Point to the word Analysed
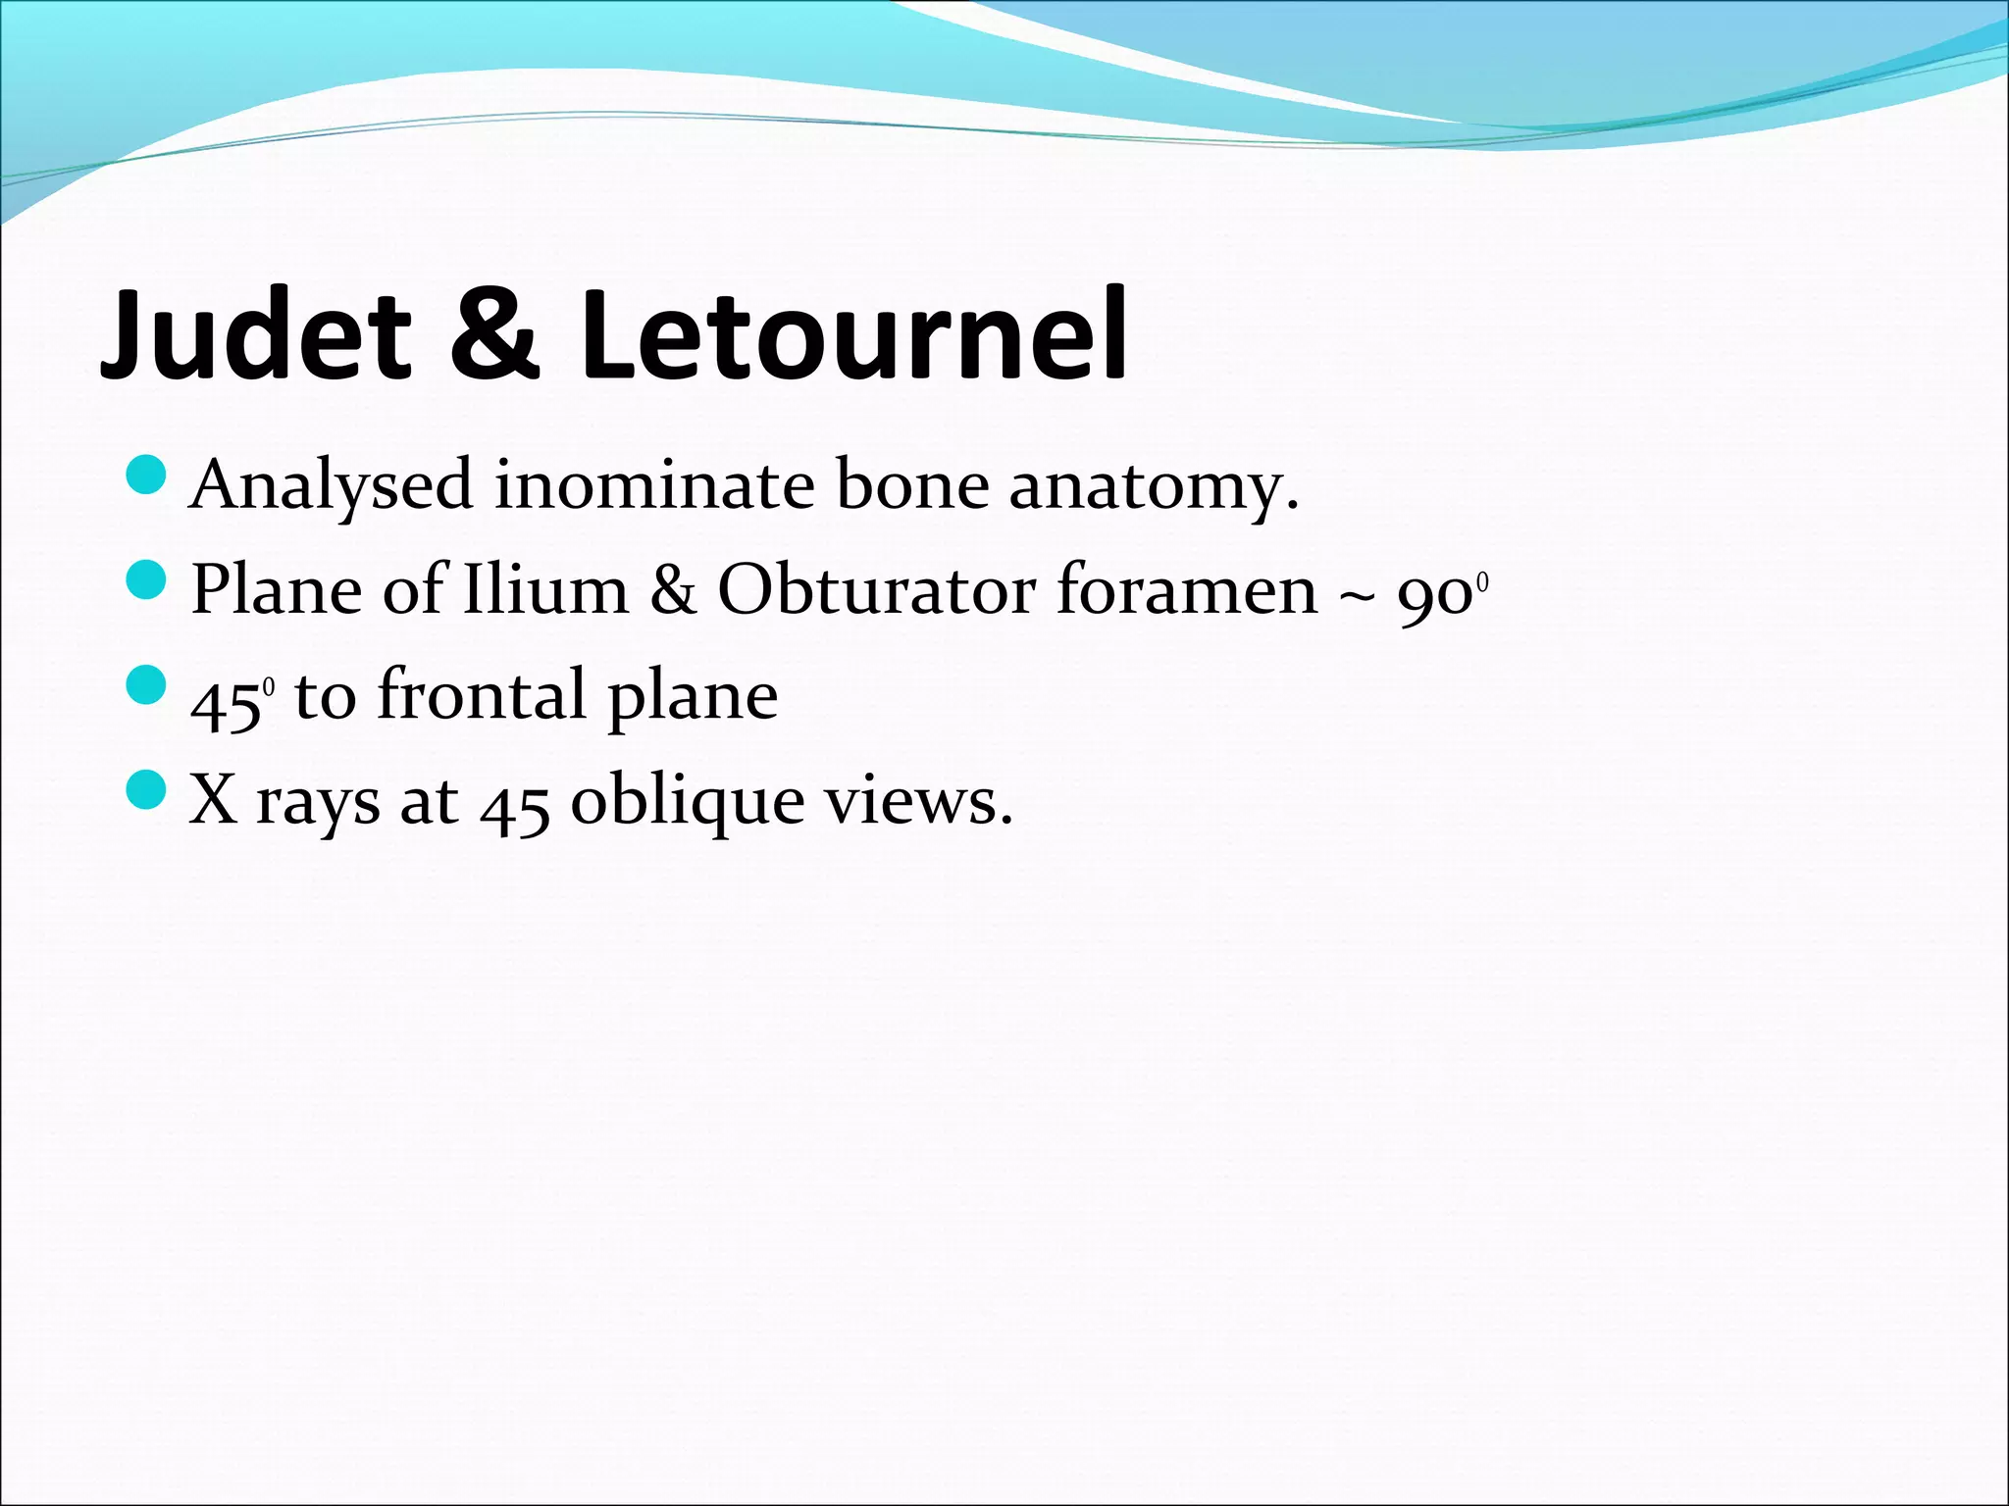click(x=332, y=486)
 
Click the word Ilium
click(x=544, y=590)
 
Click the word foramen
click(x=1187, y=590)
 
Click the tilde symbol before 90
click(x=1358, y=594)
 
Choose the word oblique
click(x=688, y=802)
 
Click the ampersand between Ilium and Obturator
click(x=673, y=590)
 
